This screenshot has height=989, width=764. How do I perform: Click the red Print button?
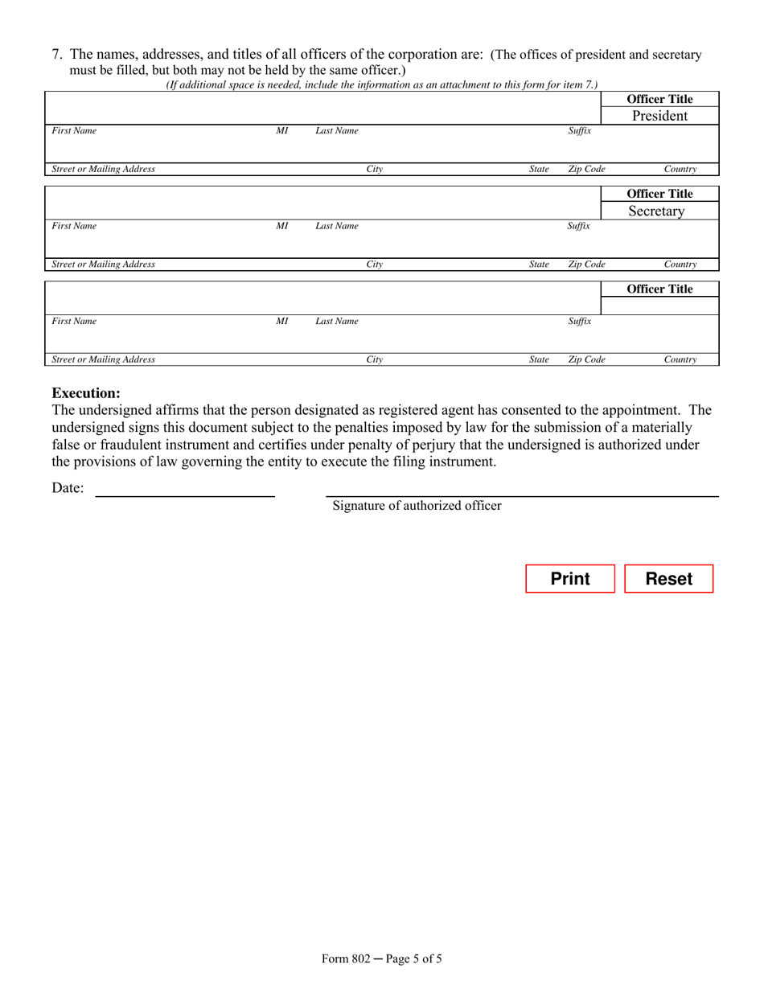570,579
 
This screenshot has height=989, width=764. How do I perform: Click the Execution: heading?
86,393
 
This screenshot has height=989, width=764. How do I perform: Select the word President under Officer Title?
659,116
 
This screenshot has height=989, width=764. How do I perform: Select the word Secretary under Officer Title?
657,211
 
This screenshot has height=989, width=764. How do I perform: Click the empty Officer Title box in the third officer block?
659,306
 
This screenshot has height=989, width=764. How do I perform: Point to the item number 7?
58,55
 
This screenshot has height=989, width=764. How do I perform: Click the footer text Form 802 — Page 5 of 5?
382,958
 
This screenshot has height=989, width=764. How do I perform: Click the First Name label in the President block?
74,131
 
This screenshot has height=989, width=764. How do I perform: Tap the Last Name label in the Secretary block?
336,226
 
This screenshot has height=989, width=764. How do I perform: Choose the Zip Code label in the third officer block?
586,359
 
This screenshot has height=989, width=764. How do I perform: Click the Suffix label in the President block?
579,131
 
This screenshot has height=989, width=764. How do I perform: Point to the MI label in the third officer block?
281,321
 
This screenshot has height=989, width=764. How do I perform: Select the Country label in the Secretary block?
680,265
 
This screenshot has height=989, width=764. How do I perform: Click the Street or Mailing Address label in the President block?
103,170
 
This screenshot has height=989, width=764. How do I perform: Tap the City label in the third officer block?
374,359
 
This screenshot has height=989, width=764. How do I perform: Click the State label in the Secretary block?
539,265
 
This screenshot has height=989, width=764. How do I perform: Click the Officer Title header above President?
659,100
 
